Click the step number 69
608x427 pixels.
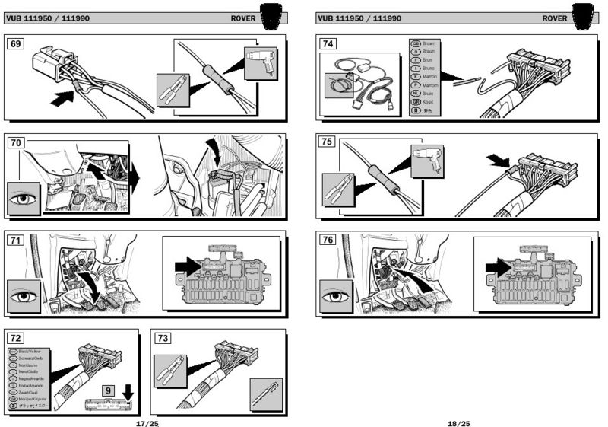tap(15, 44)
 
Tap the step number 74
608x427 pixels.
tap(328, 44)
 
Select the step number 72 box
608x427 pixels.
tap(15, 338)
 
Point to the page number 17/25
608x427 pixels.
tap(147, 422)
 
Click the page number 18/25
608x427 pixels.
tap(458, 422)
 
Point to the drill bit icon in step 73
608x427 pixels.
tap(266, 394)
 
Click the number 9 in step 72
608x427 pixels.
tap(109, 390)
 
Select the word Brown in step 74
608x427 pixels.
tap(429, 44)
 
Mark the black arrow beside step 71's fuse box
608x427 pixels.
tap(186, 266)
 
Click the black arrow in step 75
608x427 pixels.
tap(497, 161)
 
